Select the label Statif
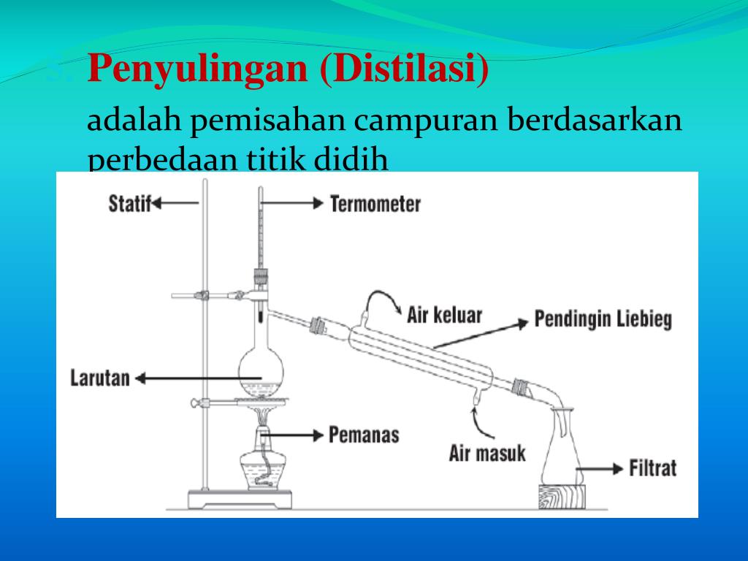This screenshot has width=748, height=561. click(x=129, y=203)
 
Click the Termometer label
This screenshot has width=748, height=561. click(x=375, y=203)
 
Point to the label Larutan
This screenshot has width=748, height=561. click(x=100, y=378)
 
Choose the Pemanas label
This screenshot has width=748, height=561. click(x=364, y=435)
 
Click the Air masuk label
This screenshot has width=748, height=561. click(x=487, y=454)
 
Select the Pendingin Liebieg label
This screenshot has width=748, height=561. click(x=603, y=320)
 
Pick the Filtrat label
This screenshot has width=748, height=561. click(x=653, y=467)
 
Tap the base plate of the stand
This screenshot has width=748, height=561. click(x=240, y=500)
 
